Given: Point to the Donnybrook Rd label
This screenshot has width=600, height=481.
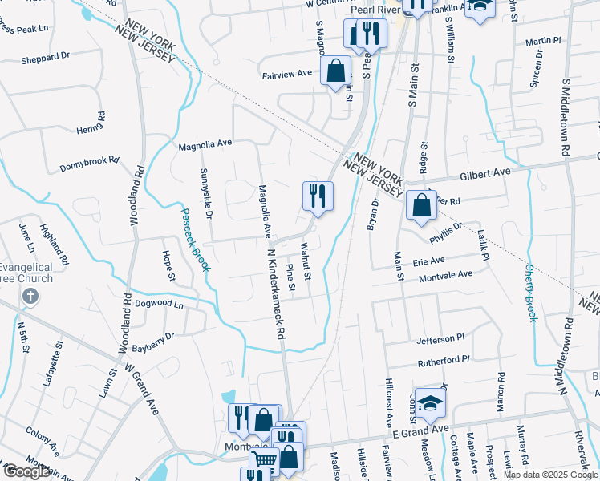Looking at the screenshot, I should (89, 165).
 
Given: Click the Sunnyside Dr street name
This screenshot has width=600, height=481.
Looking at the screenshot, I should (206, 194).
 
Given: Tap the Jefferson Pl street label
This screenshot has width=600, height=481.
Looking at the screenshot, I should (440, 339).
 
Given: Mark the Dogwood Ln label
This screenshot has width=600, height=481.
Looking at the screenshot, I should (160, 305).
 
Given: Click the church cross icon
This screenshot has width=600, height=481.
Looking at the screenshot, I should (30, 296).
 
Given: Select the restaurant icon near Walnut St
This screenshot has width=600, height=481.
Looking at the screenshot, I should (318, 195).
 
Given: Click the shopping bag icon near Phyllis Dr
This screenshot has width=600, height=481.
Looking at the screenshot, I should (421, 205).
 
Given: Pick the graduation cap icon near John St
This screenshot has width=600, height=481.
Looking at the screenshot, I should (430, 403).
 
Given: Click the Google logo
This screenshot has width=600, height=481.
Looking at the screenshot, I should (26, 471).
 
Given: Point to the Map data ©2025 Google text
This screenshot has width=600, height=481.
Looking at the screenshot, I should (550, 475).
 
